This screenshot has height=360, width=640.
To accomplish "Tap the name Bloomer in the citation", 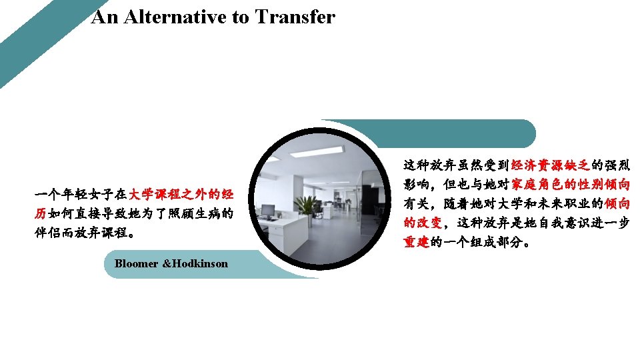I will (136, 263).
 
